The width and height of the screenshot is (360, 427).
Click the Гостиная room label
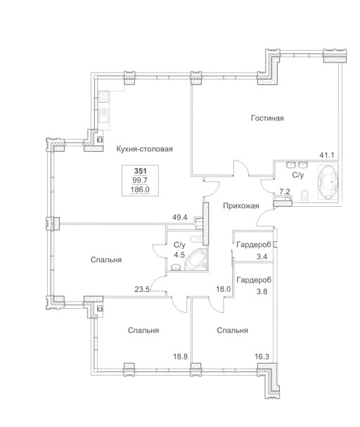pos(267,118)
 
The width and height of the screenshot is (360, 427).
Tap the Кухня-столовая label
pos(144,149)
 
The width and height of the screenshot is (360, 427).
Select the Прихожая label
pos(240,206)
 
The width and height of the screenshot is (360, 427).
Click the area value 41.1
pos(326,155)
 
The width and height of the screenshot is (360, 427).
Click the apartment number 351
pos(140,171)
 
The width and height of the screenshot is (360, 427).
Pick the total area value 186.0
pos(140,189)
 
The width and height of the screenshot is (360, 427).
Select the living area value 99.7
pos(140,180)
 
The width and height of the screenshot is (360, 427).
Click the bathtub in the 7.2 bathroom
pos(328,181)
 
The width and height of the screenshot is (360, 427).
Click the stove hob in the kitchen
pos(104,96)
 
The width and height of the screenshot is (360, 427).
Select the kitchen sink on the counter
pos(104,116)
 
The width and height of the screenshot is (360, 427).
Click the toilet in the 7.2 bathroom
pos(305,196)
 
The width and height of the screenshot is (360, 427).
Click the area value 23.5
pos(142,289)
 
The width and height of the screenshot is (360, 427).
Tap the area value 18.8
pos(181,357)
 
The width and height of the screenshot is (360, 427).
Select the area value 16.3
pos(262,357)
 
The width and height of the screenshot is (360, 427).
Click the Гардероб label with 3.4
pos(254,245)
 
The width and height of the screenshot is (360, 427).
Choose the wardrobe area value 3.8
pos(262,292)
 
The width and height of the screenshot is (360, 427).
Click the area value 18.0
pos(224,289)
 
